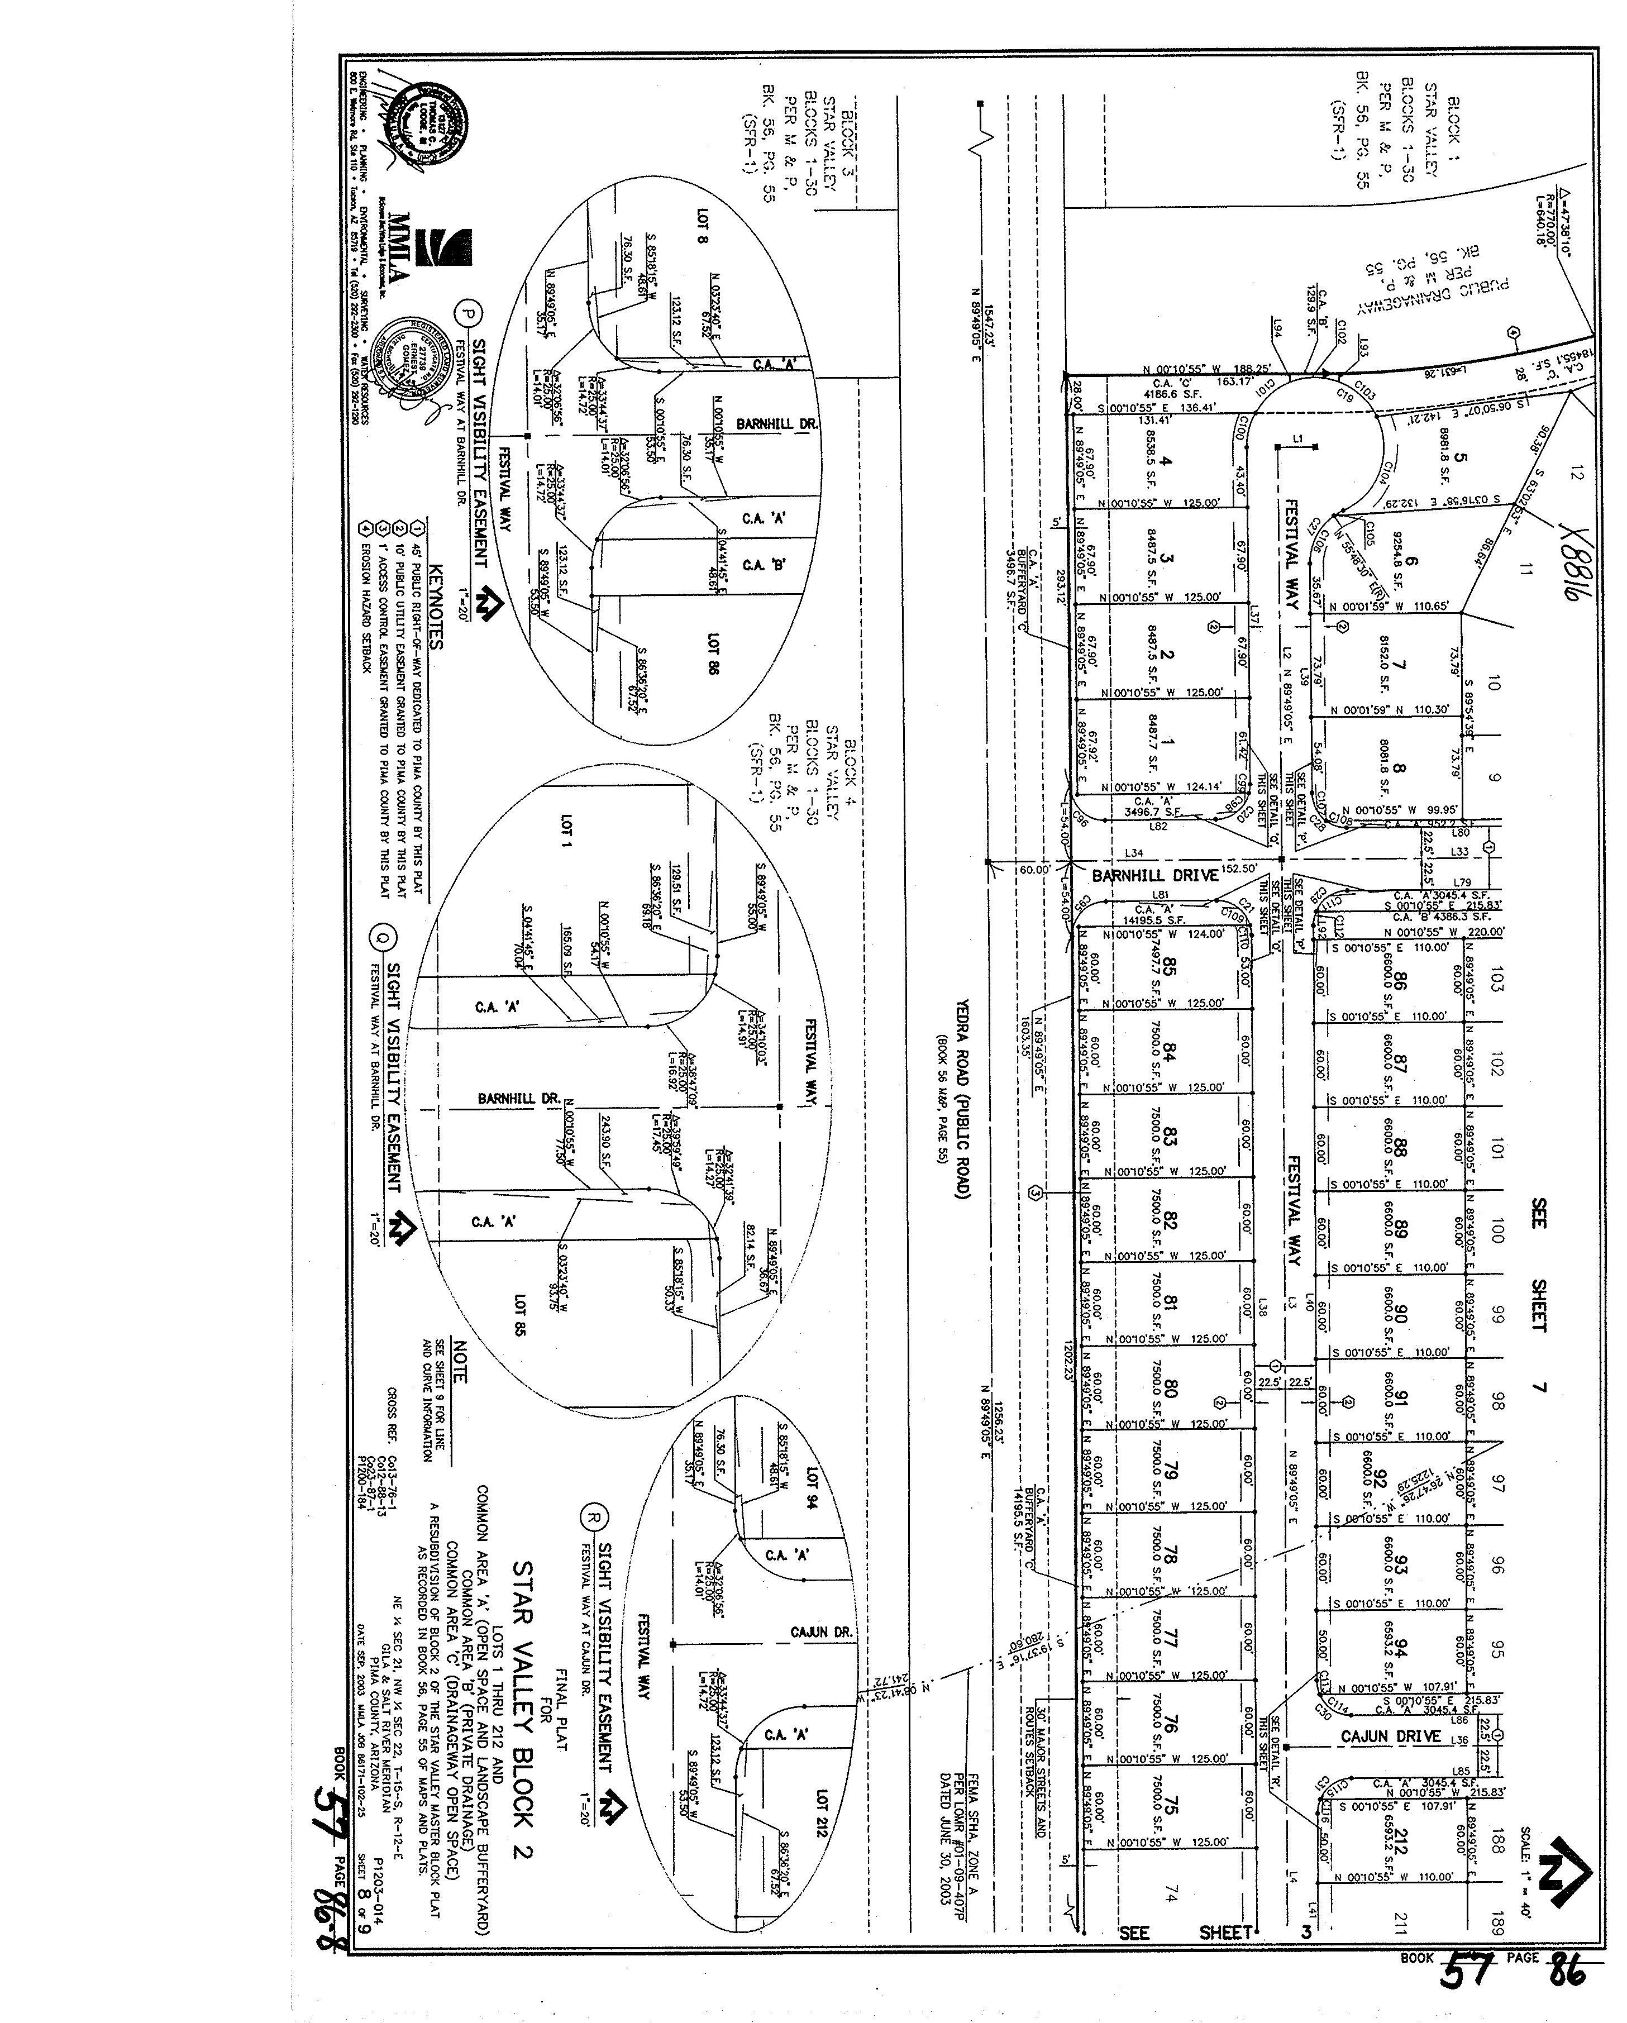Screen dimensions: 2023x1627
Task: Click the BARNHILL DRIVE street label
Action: coord(1154,875)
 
